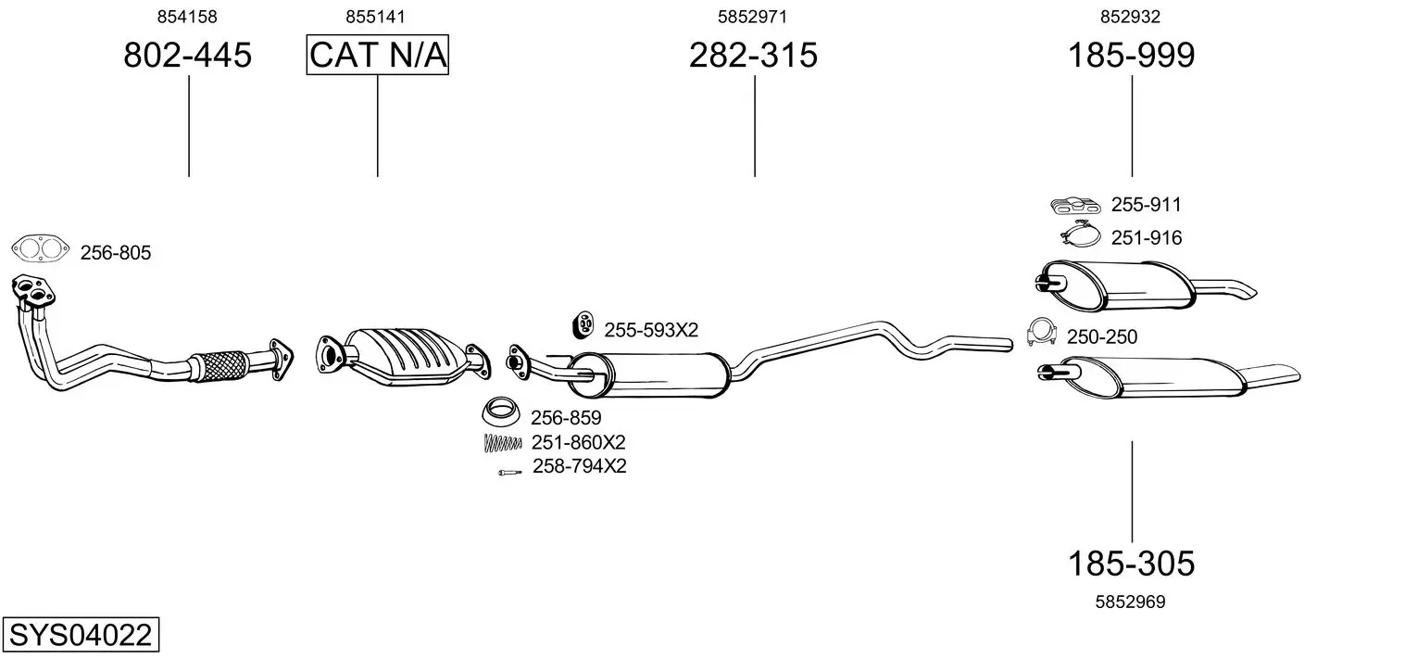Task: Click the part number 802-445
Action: point(187,55)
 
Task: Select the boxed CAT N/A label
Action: point(378,55)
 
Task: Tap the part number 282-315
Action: point(753,55)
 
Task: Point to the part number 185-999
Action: point(1132,55)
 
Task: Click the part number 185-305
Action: point(1132,564)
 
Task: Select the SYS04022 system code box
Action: point(81,634)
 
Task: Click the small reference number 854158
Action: point(187,17)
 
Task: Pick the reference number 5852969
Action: point(1131,602)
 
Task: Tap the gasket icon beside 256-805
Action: point(40,248)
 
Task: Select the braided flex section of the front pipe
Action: point(219,365)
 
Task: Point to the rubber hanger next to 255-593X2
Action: point(583,325)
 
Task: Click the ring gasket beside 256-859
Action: point(500,412)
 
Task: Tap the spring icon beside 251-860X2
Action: point(502,443)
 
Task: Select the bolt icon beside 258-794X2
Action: point(509,473)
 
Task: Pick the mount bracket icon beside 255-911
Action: point(1075,205)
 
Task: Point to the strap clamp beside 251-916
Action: point(1081,234)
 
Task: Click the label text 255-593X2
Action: point(651,330)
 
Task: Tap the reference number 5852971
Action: point(752,17)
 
